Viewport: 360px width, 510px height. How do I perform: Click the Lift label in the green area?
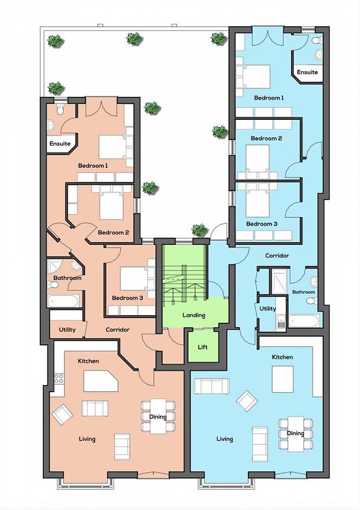click(x=202, y=347)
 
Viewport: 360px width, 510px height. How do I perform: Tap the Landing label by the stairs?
click(x=194, y=315)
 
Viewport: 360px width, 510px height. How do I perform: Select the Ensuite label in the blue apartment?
click(x=307, y=72)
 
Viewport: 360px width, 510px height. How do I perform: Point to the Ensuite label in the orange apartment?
click(x=60, y=144)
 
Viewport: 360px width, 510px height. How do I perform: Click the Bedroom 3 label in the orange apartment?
click(x=128, y=298)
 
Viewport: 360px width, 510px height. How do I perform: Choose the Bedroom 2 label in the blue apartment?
click(x=266, y=138)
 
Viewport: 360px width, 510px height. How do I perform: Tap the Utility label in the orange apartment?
click(x=67, y=330)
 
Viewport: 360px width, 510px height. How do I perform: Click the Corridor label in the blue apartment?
click(x=277, y=256)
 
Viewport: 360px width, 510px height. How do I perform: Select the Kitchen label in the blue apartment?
click(x=282, y=357)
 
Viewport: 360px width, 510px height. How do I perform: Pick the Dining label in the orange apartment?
click(x=158, y=416)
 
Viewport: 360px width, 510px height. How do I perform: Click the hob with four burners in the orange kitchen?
click(x=59, y=378)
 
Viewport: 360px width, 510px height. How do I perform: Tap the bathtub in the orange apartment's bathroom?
click(x=63, y=301)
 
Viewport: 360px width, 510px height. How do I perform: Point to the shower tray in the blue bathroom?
click(x=279, y=282)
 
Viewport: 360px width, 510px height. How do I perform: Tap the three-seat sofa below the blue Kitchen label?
click(x=212, y=386)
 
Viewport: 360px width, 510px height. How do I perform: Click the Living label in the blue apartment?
click(x=225, y=439)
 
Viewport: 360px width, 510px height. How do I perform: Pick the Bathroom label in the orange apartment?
click(x=68, y=278)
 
